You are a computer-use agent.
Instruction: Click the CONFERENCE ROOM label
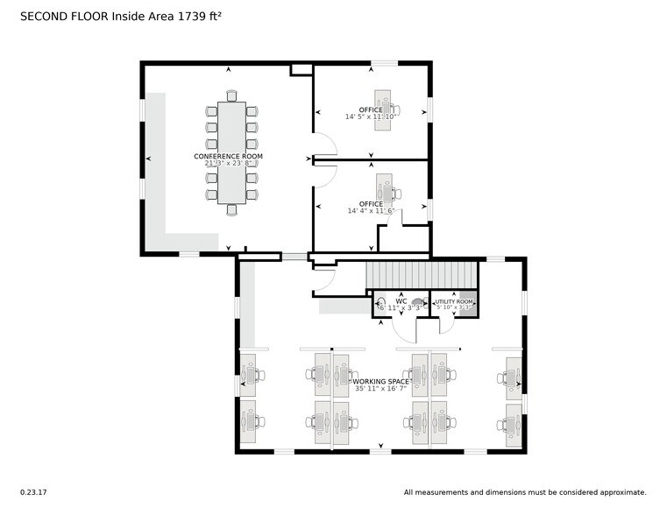[x=228, y=156]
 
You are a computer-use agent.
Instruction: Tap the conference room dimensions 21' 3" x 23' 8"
[x=228, y=163]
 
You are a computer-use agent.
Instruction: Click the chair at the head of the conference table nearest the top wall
[x=231, y=95]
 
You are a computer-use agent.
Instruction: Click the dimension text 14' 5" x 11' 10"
[x=371, y=116]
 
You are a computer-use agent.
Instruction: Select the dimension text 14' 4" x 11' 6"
[x=371, y=211]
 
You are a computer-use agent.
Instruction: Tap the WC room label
[x=401, y=300]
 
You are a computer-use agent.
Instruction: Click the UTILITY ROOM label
[x=454, y=301]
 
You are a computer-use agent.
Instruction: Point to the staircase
[x=421, y=275]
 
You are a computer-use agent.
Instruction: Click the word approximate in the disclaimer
[x=621, y=492]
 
